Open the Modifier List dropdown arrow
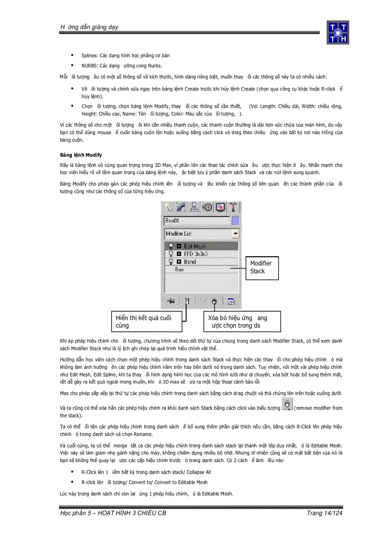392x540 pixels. [235, 234]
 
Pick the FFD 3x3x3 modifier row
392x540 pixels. [195, 254]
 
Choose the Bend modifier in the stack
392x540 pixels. [189, 262]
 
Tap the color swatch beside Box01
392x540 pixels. [235, 221]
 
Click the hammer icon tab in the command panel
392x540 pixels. [233, 207]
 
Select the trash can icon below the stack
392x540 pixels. [214, 301]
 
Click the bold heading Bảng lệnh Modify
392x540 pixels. [81, 155]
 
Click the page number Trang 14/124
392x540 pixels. [325, 514]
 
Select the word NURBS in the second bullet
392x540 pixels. [88, 66]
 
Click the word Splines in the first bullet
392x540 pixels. [89, 56]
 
